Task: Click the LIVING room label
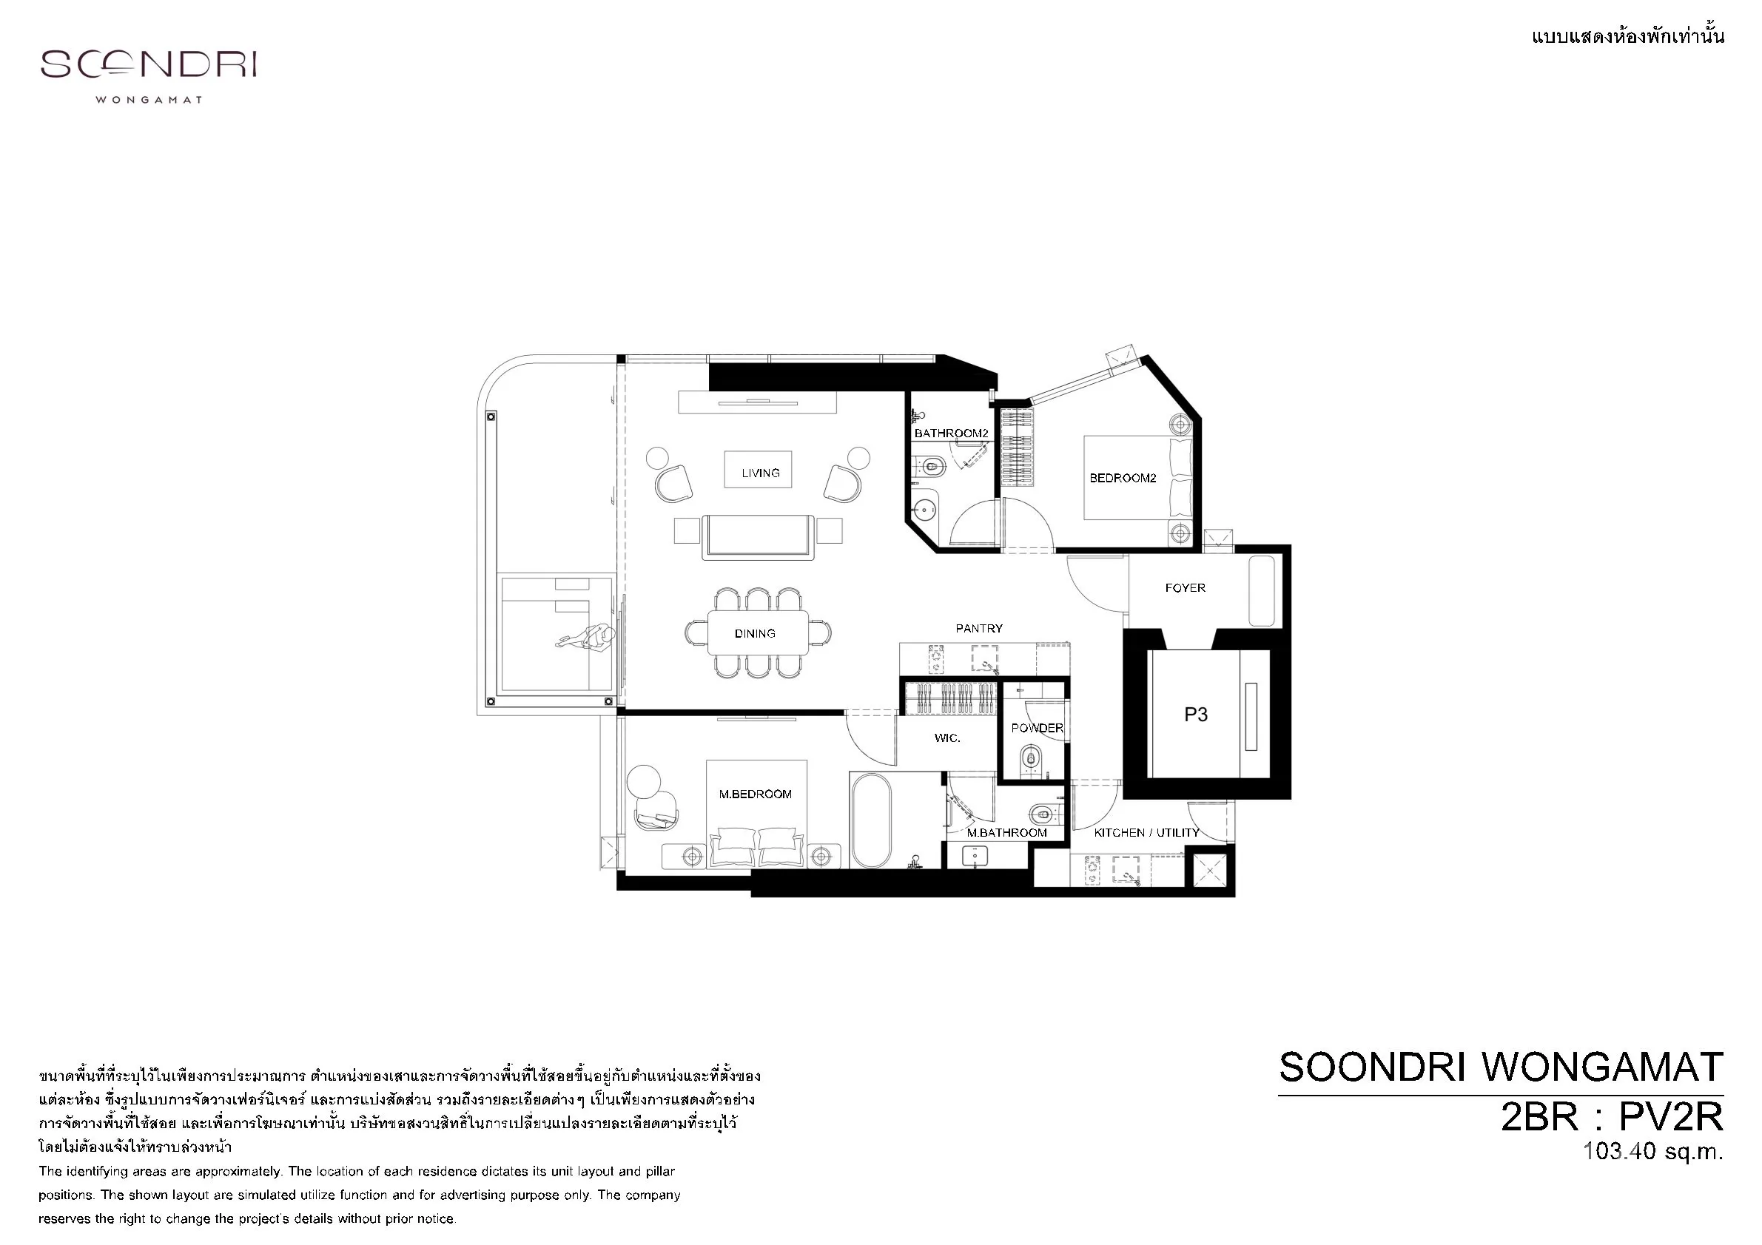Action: tap(761, 473)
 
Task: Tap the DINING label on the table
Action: tap(755, 634)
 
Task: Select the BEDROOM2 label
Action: tap(1123, 478)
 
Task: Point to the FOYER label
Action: tap(1185, 587)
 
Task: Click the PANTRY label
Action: tap(979, 628)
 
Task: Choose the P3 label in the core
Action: tap(1196, 715)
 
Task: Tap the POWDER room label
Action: tap(1037, 728)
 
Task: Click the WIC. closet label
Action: tap(947, 738)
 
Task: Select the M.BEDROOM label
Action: tap(755, 794)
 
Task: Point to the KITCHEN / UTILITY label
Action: tap(1146, 832)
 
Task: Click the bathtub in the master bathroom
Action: tap(871, 820)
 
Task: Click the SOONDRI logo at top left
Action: tap(148, 64)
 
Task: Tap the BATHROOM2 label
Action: tap(952, 433)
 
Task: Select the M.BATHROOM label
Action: tap(1007, 832)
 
